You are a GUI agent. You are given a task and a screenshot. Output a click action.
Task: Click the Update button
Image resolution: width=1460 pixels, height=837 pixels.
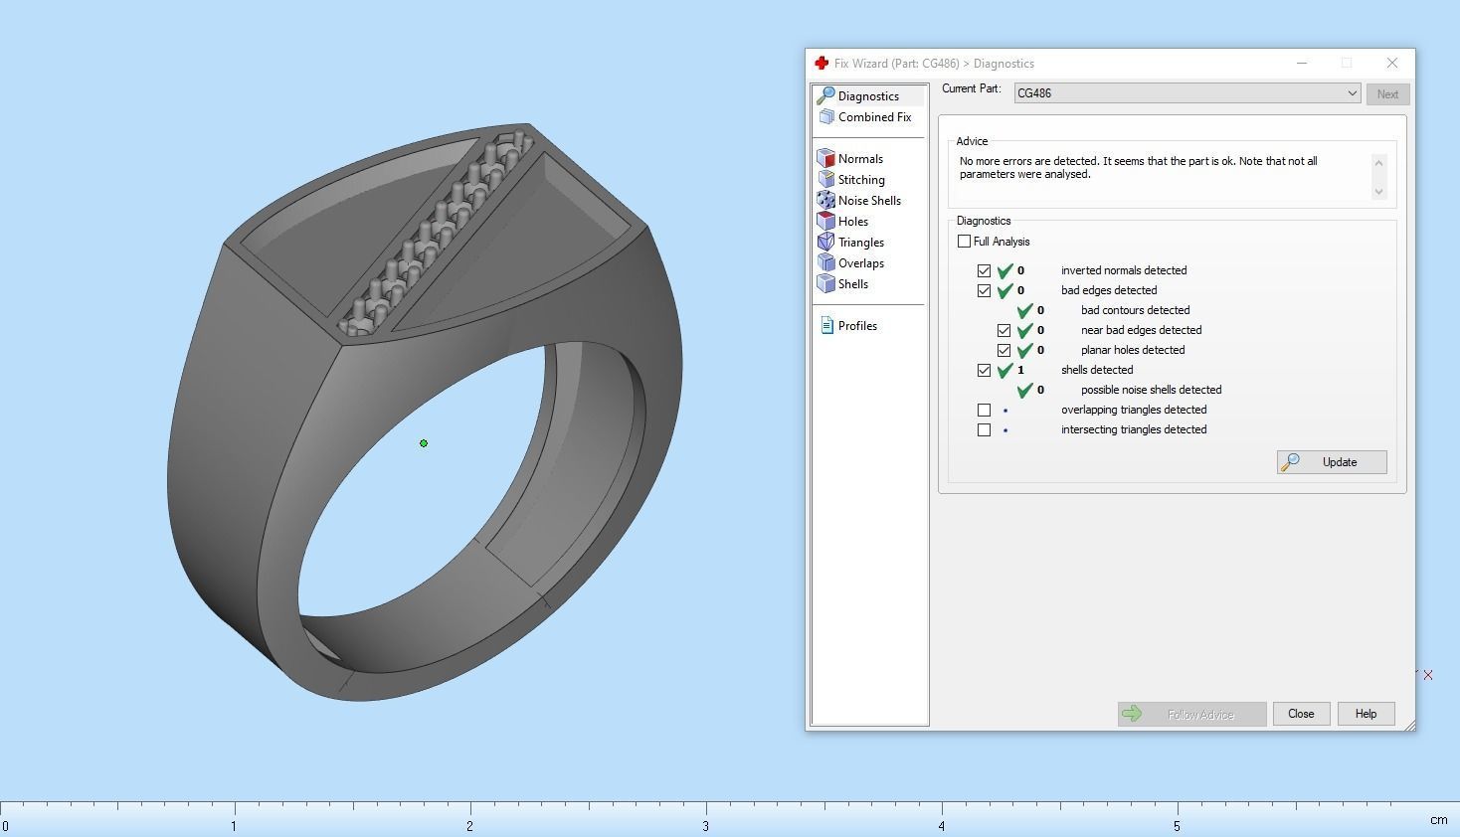tap(1332, 462)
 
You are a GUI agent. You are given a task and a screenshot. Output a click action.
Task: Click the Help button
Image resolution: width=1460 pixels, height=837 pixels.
tap(1366, 714)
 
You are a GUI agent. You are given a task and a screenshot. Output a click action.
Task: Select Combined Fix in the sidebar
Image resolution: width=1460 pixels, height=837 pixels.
tap(873, 117)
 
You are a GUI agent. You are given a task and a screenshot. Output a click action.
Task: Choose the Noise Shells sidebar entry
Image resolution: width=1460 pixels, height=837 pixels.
tap(868, 201)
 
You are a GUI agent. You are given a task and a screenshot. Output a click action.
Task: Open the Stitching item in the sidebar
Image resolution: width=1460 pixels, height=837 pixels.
tap(860, 180)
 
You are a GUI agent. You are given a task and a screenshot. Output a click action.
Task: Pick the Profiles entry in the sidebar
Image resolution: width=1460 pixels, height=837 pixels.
tap(856, 326)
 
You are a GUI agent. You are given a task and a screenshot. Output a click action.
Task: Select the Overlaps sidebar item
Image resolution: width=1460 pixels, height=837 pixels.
tap(860, 263)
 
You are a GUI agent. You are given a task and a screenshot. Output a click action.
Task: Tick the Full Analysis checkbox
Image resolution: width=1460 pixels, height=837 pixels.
tap(964, 242)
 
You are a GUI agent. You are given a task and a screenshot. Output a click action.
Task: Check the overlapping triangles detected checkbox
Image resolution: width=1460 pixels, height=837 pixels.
tap(984, 410)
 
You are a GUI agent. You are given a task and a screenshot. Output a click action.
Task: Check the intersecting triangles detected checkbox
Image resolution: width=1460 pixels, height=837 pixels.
tap(984, 429)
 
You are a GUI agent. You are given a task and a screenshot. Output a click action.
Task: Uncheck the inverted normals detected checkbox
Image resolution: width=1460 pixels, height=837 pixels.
tap(984, 270)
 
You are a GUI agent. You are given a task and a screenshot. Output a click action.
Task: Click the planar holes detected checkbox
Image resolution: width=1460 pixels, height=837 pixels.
tap(1004, 350)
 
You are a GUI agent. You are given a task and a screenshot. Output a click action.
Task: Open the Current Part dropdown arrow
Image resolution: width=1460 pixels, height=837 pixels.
tap(1352, 93)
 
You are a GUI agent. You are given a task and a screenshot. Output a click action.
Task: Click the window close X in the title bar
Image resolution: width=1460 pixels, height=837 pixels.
tap(1391, 63)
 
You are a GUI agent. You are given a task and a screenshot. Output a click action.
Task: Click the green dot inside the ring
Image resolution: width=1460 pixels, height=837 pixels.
tap(424, 443)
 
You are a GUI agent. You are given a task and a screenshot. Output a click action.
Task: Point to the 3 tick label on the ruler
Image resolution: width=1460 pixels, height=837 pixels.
tap(706, 826)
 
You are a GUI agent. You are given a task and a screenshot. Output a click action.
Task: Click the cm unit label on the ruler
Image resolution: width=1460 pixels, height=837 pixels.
tap(1438, 820)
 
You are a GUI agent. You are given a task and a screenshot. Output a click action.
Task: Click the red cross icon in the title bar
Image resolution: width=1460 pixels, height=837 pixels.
tap(821, 63)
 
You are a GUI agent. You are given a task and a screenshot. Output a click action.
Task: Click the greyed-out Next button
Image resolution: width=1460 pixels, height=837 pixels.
tap(1387, 94)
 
